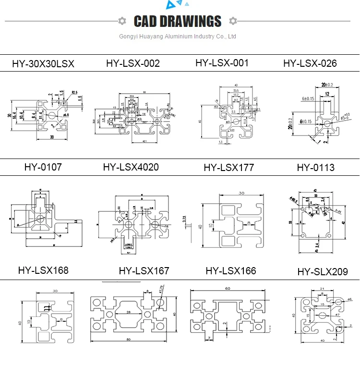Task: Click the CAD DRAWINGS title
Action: tap(178, 21)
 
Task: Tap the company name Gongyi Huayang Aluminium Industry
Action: tap(178, 37)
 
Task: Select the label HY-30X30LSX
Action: tap(43, 63)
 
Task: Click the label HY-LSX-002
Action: tap(133, 63)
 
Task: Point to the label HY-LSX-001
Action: tap(222, 62)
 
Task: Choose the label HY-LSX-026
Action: tap(310, 63)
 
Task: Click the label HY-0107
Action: tap(43, 167)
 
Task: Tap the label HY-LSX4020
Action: tap(131, 167)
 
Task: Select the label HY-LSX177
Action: tap(228, 168)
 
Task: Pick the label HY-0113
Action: tap(315, 168)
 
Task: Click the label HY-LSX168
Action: tap(43, 270)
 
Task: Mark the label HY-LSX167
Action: tap(144, 271)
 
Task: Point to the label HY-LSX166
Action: tap(231, 271)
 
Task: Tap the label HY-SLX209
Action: tap(322, 272)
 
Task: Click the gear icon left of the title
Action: tap(122, 21)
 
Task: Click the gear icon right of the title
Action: tap(233, 21)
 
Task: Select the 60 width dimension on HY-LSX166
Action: tap(228, 288)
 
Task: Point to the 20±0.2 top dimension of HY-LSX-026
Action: tap(327, 85)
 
